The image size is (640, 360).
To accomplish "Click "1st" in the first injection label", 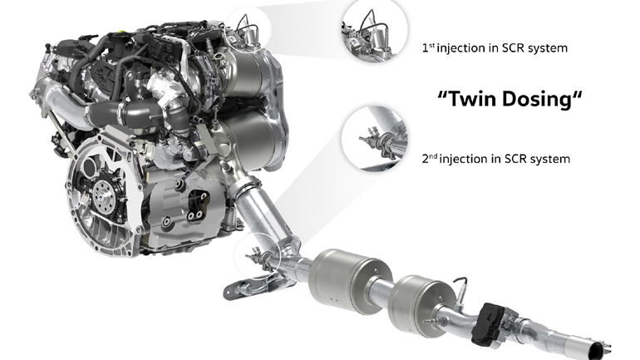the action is (428, 47).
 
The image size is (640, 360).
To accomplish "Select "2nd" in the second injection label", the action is (429, 158).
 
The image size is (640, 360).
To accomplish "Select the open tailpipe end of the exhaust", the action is (598, 351).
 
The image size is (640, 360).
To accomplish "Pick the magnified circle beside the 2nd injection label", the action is (375, 138).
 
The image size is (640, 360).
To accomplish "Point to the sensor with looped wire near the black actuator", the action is (460, 290).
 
